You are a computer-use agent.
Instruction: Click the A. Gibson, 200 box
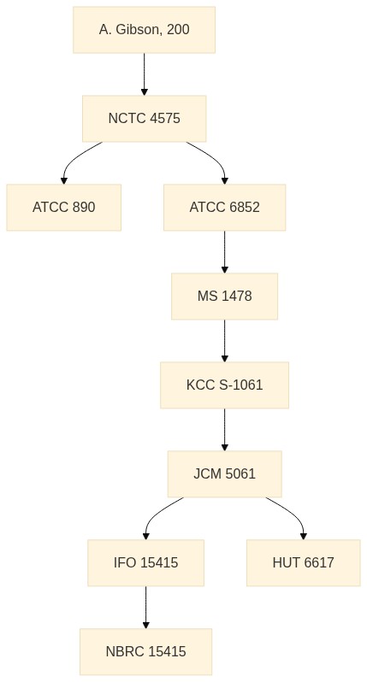click(x=144, y=30)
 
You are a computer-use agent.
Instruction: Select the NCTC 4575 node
click(x=144, y=118)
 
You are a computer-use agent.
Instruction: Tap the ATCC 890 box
click(x=63, y=207)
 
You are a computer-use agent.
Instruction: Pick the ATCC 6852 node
click(x=225, y=207)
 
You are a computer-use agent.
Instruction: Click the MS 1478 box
click(x=225, y=297)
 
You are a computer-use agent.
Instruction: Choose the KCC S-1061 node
click(x=225, y=385)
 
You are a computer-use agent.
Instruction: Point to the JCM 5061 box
click(x=225, y=473)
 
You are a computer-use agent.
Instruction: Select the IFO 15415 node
click(x=145, y=563)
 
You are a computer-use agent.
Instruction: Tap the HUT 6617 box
click(x=304, y=563)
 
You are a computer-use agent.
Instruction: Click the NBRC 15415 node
click(x=145, y=651)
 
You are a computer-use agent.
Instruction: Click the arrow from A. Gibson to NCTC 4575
click(x=144, y=74)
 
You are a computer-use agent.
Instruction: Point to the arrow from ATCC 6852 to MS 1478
click(x=225, y=252)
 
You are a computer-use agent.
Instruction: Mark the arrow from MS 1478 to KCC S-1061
click(x=225, y=340)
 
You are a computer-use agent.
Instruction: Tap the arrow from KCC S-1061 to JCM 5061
click(x=225, y=429)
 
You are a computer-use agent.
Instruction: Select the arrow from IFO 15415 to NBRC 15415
click(x=145, y=607)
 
